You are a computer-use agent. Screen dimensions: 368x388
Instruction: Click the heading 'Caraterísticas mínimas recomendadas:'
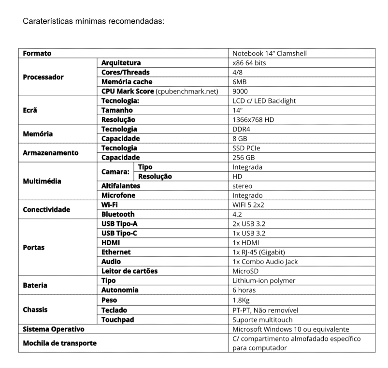pyautogui.click(x=94, y=22)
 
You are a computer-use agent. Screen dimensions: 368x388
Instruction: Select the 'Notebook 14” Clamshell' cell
pyautogui.click(x=269, y=54)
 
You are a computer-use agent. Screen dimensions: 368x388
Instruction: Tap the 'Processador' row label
pyautogui.click(x=43, y=77)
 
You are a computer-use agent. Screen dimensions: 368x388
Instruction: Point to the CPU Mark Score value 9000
pyautogui.click(x=241, y=91)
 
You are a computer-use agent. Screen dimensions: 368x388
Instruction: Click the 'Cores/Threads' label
pyautogui.click(x=125, y=73)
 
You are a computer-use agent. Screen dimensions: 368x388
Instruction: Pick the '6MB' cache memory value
pyautogui.click(x=240, y=82)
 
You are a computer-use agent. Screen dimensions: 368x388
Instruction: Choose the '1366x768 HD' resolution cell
pyautogui.click(x=253, y=120)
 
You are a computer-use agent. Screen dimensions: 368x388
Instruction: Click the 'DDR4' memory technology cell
pyautogui.click(x=241, y=129)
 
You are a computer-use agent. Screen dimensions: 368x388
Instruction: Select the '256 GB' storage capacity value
pyautogui.click(x=243, y=158)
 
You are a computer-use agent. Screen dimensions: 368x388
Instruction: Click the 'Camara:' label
pyautogui.click(x=115, y=172)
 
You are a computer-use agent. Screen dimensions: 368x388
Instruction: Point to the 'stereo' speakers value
pyautogui.click(x=242, y=186)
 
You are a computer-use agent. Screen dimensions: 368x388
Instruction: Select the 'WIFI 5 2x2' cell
pyautogui.click(x=248, y=205)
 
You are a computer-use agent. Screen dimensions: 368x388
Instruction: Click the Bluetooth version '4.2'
pyautogui.click(x=237, y=214)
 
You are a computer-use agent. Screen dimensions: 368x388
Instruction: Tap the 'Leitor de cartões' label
pyautogui.click(x=129, y=271)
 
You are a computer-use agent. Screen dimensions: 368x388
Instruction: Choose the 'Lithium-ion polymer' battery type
pyautogui.click(x=264, y=281)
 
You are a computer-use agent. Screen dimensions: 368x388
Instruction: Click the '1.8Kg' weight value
pyautogui.click(x=242, y=300)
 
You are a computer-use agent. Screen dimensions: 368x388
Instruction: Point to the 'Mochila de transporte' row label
pyautogui.click(x=59, y=343)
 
